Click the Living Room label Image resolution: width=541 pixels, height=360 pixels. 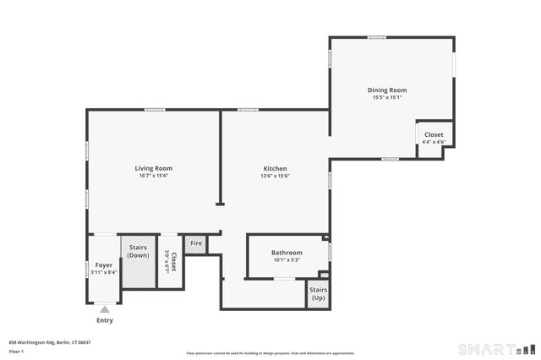tap(153, 168)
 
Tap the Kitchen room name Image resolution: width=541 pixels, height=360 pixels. tap(275, 168)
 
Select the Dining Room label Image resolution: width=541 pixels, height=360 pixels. tap(387, 90)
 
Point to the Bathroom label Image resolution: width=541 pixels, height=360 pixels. tap(287, 253)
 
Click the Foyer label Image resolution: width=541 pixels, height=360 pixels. tap(104, 265)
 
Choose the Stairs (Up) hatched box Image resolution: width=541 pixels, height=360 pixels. tap(318, 294)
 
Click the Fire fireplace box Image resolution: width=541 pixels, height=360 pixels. tap(195, 243)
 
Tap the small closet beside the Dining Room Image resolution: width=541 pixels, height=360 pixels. tap(434, 135)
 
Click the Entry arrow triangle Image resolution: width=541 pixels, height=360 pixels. tap(104, 310)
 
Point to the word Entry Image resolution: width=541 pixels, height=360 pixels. tap(104, 320)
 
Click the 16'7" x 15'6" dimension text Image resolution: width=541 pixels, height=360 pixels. tap(153, 176)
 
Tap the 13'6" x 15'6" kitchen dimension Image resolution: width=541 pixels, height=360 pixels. tap(275, 176)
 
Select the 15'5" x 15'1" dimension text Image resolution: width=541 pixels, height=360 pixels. tap(387, 97)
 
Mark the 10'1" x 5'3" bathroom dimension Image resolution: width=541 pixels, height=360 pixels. tap(287, 260)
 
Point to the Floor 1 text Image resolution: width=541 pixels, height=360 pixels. tap(16, 350)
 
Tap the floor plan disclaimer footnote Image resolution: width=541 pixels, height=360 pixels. tap(270, 353)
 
